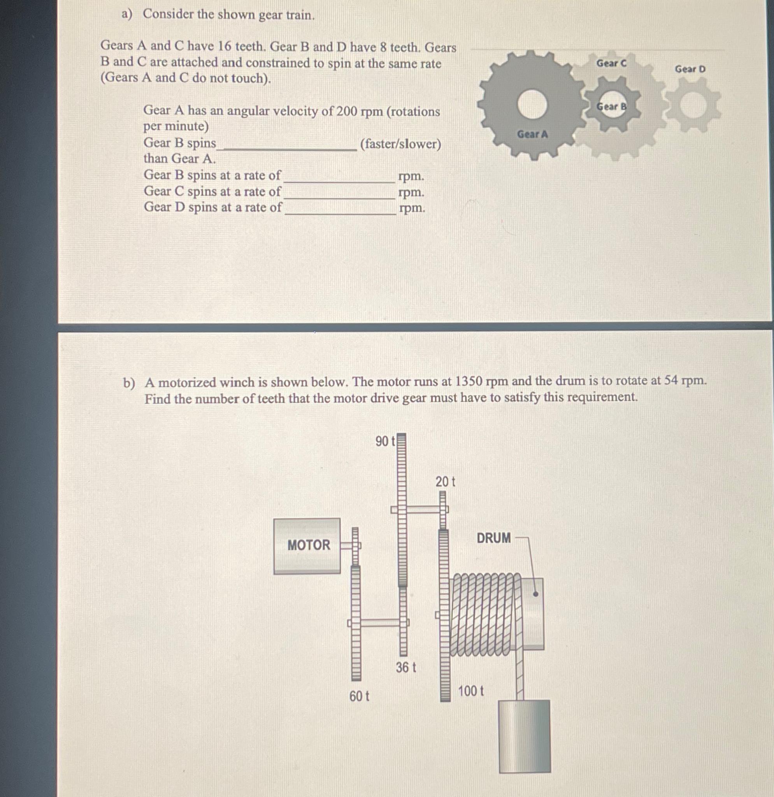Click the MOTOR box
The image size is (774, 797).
coord(307,545)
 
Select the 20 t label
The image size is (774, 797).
coord(445,482)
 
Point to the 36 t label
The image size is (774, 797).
coord(406,667)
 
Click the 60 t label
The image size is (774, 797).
coord(359,697)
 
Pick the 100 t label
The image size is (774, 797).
coord(471,691)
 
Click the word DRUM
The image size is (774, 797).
coord(493,538)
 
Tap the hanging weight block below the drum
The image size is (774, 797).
coord(525,736)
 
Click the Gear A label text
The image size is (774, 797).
coord(532,134)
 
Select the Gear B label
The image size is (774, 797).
coord(611,107)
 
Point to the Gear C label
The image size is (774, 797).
coord(611,63)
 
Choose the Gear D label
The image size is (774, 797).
coord(690,69)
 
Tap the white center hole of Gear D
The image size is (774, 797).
coord(693,105)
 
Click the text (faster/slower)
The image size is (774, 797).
coord(400,144)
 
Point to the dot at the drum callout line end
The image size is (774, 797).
coord(535,594)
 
